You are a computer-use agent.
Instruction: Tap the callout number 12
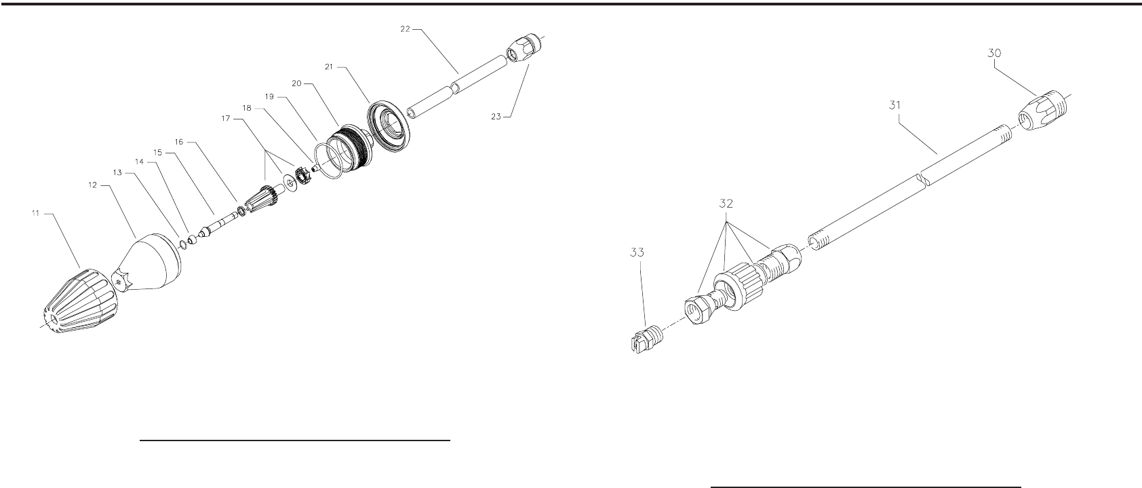[x=94, y=184]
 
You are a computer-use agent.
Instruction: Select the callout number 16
[x=179, y=142]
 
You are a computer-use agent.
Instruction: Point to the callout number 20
[x=296, y=83]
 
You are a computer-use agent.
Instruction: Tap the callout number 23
[x=496, y=116]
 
